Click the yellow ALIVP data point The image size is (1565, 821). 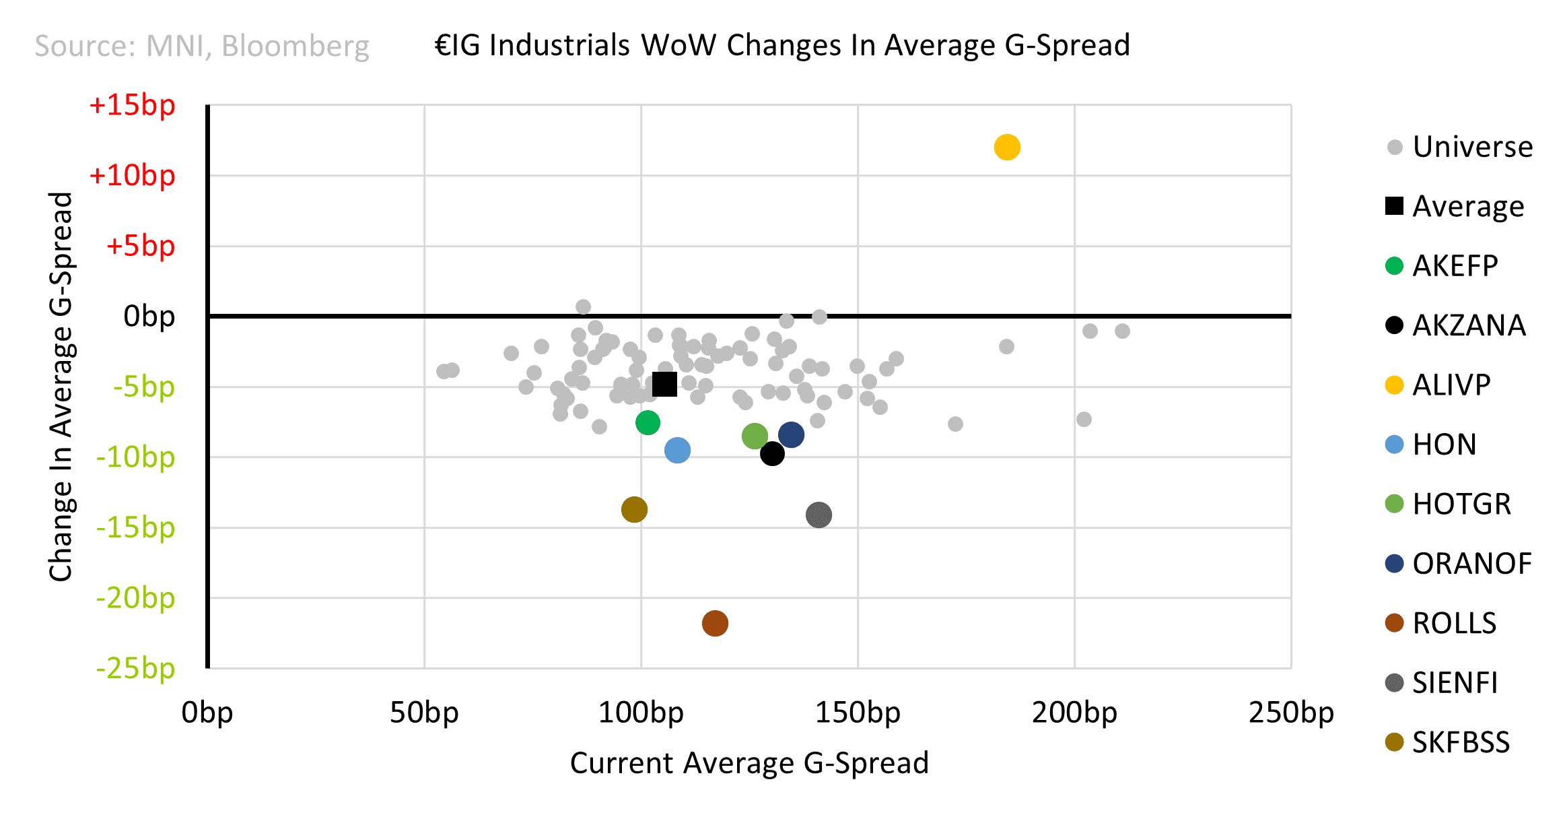(x=1007, y=147)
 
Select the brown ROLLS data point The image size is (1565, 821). (x=715, y=623)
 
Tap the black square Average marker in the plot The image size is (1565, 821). (x=664, y=385)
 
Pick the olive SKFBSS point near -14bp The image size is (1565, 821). (x=634, y=509)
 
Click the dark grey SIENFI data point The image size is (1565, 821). (x=819, y=515)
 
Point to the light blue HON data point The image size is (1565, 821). (x=677, y=450)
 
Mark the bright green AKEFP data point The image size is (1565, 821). (x=648, y=422)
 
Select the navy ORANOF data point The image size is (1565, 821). (x=791, y=434)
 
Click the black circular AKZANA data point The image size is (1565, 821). (x=772, y=454)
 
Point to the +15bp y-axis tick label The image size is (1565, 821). (x=132, y=105)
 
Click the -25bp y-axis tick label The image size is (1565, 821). (x=135, y=668)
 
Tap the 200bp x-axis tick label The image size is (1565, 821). (x=1074, y=713)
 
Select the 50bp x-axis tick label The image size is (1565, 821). (x=424, y=713)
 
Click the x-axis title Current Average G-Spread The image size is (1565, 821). (x=749, y=763)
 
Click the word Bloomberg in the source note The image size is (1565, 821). (x=295, y=46)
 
